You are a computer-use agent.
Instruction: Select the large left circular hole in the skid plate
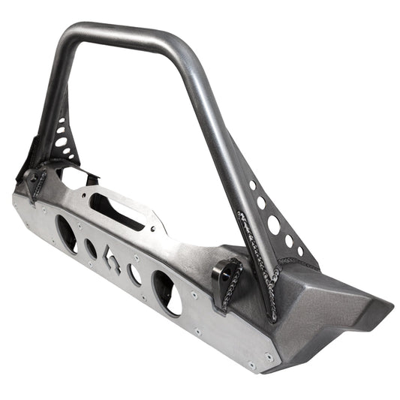(67, 233)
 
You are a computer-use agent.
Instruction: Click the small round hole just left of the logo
(91, 248)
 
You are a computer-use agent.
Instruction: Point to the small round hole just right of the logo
(136, 274)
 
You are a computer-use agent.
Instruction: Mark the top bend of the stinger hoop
(120, 34)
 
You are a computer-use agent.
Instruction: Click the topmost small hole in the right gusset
(252, 185)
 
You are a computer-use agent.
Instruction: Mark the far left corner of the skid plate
(14, 197)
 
